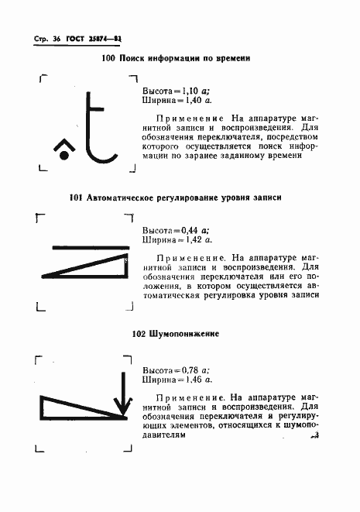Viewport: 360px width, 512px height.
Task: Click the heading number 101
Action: (75, 198)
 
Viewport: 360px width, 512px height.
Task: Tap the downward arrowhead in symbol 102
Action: (122, 406)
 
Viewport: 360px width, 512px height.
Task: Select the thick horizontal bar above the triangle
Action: (91, 247)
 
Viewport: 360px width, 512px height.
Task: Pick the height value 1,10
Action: (189, 91)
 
